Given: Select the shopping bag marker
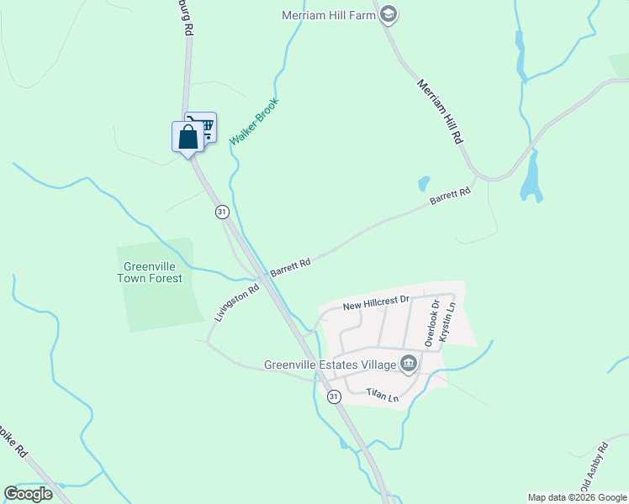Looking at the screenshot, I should pos(188,136).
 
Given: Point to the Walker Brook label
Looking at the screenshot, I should pos(254,123).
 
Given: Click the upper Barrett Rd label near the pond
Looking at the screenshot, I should pos(450,197).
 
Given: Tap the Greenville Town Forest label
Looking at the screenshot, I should pos(150,272).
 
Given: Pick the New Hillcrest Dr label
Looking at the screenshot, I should pos(376,301).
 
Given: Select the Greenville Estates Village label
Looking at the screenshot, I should pos(329,365).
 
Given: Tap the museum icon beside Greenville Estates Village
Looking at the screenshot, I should pos(409,364).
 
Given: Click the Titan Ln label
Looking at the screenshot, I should pos(383,394).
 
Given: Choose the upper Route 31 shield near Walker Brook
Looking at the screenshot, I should pos(222,212).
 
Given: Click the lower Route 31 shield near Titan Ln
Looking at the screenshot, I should pos(334,396).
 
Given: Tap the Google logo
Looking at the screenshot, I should pos(29,494).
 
